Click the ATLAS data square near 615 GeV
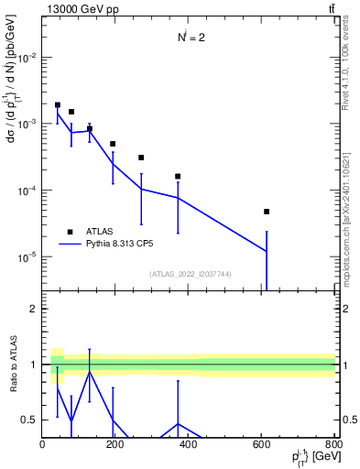[x=267, y=212]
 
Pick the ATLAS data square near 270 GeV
[x=141, y=158]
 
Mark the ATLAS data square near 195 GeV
[x=113, y=144]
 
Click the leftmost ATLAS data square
[x=58, y=105]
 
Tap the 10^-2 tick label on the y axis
[x=25, y=57]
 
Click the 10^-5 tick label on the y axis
[x=25, y=257]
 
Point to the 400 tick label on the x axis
[x=188, y=445]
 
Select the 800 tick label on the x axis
[x=332, y=445]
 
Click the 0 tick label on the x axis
[x=43, y=445]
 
